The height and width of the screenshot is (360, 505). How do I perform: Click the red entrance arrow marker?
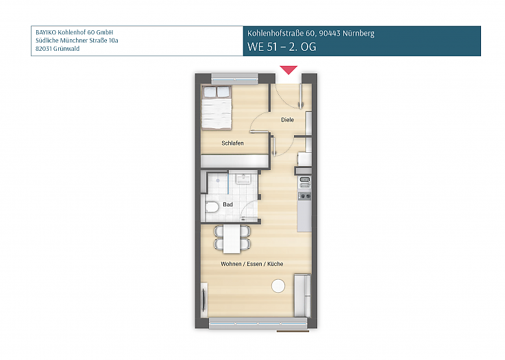(288, 69)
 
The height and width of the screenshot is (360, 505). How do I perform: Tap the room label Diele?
(287, 120)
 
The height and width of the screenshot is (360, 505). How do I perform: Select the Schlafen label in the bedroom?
(232, 143)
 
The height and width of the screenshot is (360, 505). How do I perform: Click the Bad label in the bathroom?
(227, 204)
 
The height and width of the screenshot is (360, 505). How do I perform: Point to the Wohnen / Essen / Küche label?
(251, 264)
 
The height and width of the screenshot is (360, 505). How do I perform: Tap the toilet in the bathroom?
(211, 207)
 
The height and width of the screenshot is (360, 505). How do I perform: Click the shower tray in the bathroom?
(219, 182)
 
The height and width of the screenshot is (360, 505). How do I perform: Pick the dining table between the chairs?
(233, 238)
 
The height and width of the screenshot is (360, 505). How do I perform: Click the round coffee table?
(278, 286)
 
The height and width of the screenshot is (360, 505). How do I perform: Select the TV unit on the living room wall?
(204, 300)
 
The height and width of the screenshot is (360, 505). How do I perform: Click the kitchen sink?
(305, 181)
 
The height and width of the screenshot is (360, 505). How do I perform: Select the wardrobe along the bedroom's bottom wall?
(233, 160)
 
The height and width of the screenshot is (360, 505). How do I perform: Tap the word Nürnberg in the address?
(359, 33)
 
